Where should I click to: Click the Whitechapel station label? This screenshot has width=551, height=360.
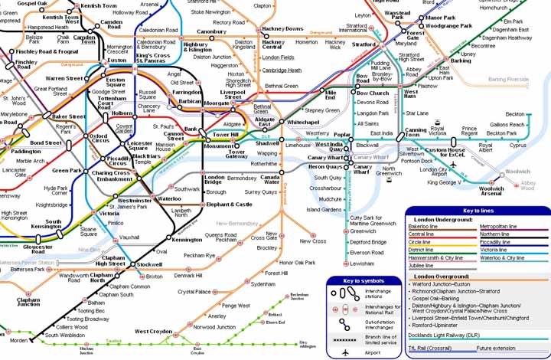click(303, 123)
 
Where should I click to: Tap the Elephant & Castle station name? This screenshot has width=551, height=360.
click(229, 205)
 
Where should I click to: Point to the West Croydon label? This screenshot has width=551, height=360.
click(153, 332)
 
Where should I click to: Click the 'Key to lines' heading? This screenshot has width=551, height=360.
click(476, 211)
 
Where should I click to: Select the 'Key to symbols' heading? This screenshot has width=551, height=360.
click(363, 281)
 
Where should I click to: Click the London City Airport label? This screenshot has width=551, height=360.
click(434, 172)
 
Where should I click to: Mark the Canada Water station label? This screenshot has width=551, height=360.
click(270, 179)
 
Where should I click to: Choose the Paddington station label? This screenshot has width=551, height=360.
click(27, 152)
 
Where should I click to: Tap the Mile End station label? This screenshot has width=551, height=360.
click(330, 94)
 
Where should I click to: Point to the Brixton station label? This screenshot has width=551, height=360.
click(155, 276)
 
